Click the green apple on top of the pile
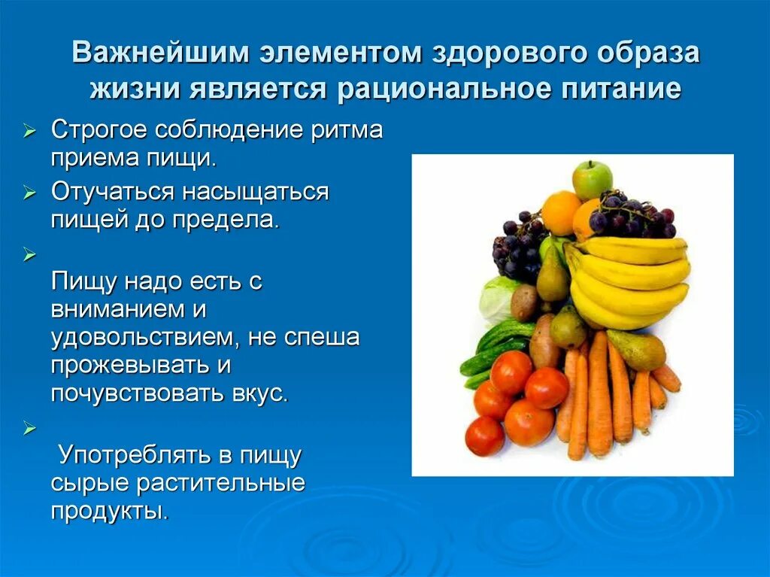pos(593,179)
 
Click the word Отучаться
pos(112,192)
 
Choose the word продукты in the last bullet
pos(108,511)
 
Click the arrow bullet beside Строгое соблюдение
pos(29,131)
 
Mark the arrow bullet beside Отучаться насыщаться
pos(29,193)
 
